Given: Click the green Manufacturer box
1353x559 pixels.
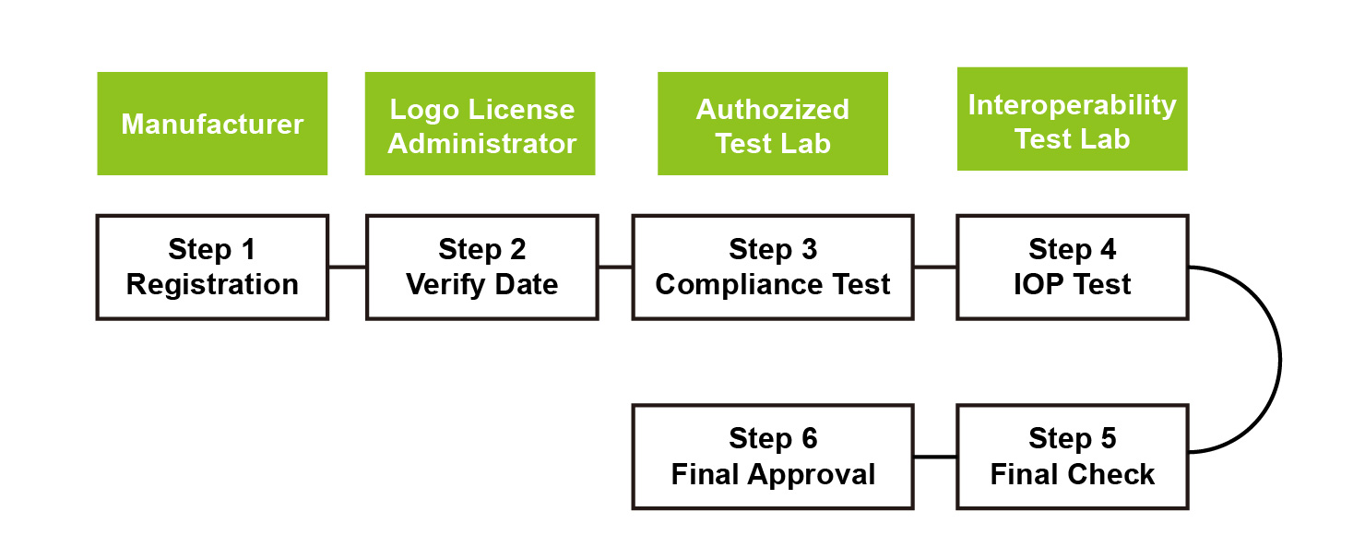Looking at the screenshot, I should coord(212,124).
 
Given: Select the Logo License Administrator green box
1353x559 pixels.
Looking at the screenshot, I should coord(480,124).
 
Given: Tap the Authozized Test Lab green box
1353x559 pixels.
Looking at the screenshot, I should coord(773,124).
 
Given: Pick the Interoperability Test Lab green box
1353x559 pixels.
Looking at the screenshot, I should coord(1072,119).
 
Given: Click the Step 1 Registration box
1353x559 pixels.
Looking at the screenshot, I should coord(212,267).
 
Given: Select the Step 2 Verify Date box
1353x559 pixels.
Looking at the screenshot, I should coord(481,267).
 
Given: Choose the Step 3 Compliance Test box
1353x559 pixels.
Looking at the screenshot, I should coord(773,267).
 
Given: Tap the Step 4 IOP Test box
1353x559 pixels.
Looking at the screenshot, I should coord(1072,267).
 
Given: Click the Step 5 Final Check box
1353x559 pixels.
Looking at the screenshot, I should coord(1072,457).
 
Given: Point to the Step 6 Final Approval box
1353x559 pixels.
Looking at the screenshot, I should coord(773,457).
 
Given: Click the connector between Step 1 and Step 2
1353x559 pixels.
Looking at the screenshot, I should coord(347,267).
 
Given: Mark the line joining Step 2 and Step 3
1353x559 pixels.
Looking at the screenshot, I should coord(615,267).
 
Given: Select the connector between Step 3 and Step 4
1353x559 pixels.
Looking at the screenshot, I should coord(935,267).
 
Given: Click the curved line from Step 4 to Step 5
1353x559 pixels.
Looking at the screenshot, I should coord(1280,360).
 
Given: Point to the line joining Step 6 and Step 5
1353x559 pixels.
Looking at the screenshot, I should coord(935,457).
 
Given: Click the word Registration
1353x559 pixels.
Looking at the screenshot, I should coord(212,284).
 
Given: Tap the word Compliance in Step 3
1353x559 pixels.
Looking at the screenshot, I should coord(725,284).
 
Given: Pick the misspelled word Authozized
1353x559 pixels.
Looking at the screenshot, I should coord(773,109).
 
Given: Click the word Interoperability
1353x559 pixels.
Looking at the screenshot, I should coord(1072,104).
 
